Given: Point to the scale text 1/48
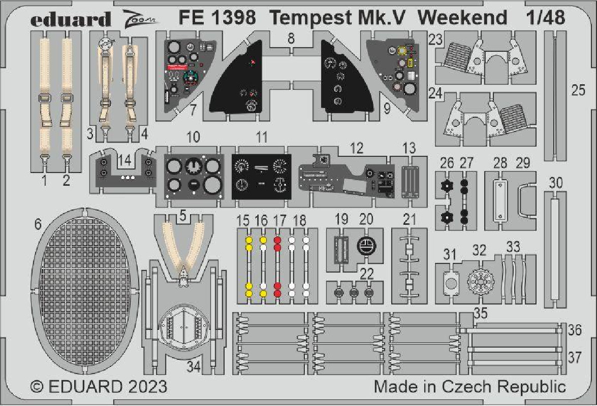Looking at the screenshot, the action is (x=546, y=17).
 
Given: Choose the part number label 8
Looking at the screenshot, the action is (x=291, y=39).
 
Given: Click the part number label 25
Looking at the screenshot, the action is (x=578, y=90).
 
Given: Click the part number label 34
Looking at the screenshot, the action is (x=194, y=367).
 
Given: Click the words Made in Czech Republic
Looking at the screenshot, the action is (x=470, y=387).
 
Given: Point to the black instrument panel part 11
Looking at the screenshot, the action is (x=261, y=177).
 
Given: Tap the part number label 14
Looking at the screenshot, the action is (x=124, y=160).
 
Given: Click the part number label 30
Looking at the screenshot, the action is (x=556, y=183).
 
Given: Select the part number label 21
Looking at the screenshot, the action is (x=410, y=219).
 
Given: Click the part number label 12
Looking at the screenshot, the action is (x=357, y=148).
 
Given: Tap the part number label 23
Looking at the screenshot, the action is (x=435, y=39).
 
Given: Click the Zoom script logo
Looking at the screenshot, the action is (x=141, y=19).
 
